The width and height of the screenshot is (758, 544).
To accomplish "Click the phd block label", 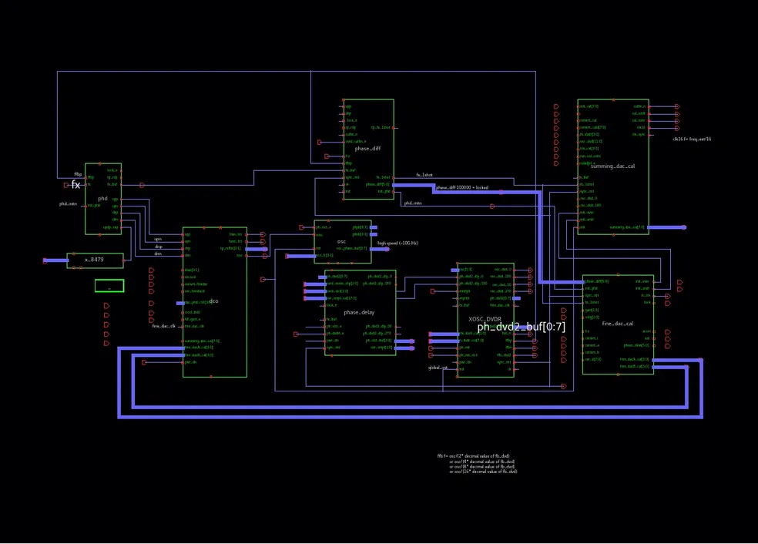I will click(102, 198).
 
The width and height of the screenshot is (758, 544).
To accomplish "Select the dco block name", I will click(213, 301).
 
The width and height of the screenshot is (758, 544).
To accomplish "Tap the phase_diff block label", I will click(367, 149).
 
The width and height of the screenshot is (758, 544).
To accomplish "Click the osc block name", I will click(342, 242).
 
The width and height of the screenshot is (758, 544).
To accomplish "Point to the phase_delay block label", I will click(359, 313).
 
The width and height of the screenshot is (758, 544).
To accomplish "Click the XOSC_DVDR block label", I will click(485, 318).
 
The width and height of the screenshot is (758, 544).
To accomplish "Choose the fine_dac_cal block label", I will click(617, 324).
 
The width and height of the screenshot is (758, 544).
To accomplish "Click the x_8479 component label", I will click(94, 260).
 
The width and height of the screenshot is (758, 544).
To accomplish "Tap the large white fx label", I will click(75, 185).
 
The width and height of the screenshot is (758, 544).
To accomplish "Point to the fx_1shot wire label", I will click(424, 176).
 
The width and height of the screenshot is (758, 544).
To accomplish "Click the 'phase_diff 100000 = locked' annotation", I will click(462, 187).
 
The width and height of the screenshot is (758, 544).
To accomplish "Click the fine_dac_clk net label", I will click(163, 327).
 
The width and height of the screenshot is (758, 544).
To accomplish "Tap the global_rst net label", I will click(438, 368).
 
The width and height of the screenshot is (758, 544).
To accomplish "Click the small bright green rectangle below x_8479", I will click(109, 286).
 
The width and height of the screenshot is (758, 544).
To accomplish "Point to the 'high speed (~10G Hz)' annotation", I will click(397, 243).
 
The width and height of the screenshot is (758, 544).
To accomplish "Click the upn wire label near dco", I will click(157, 238).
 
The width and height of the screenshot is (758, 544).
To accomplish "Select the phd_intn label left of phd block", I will click(68, 204).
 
